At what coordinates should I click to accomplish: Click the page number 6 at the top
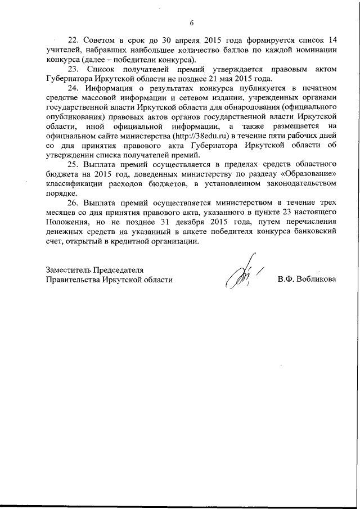tap(191, 23)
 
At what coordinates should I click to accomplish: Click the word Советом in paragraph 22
tap(100, 42)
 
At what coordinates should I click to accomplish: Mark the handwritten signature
tap(240, 275)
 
